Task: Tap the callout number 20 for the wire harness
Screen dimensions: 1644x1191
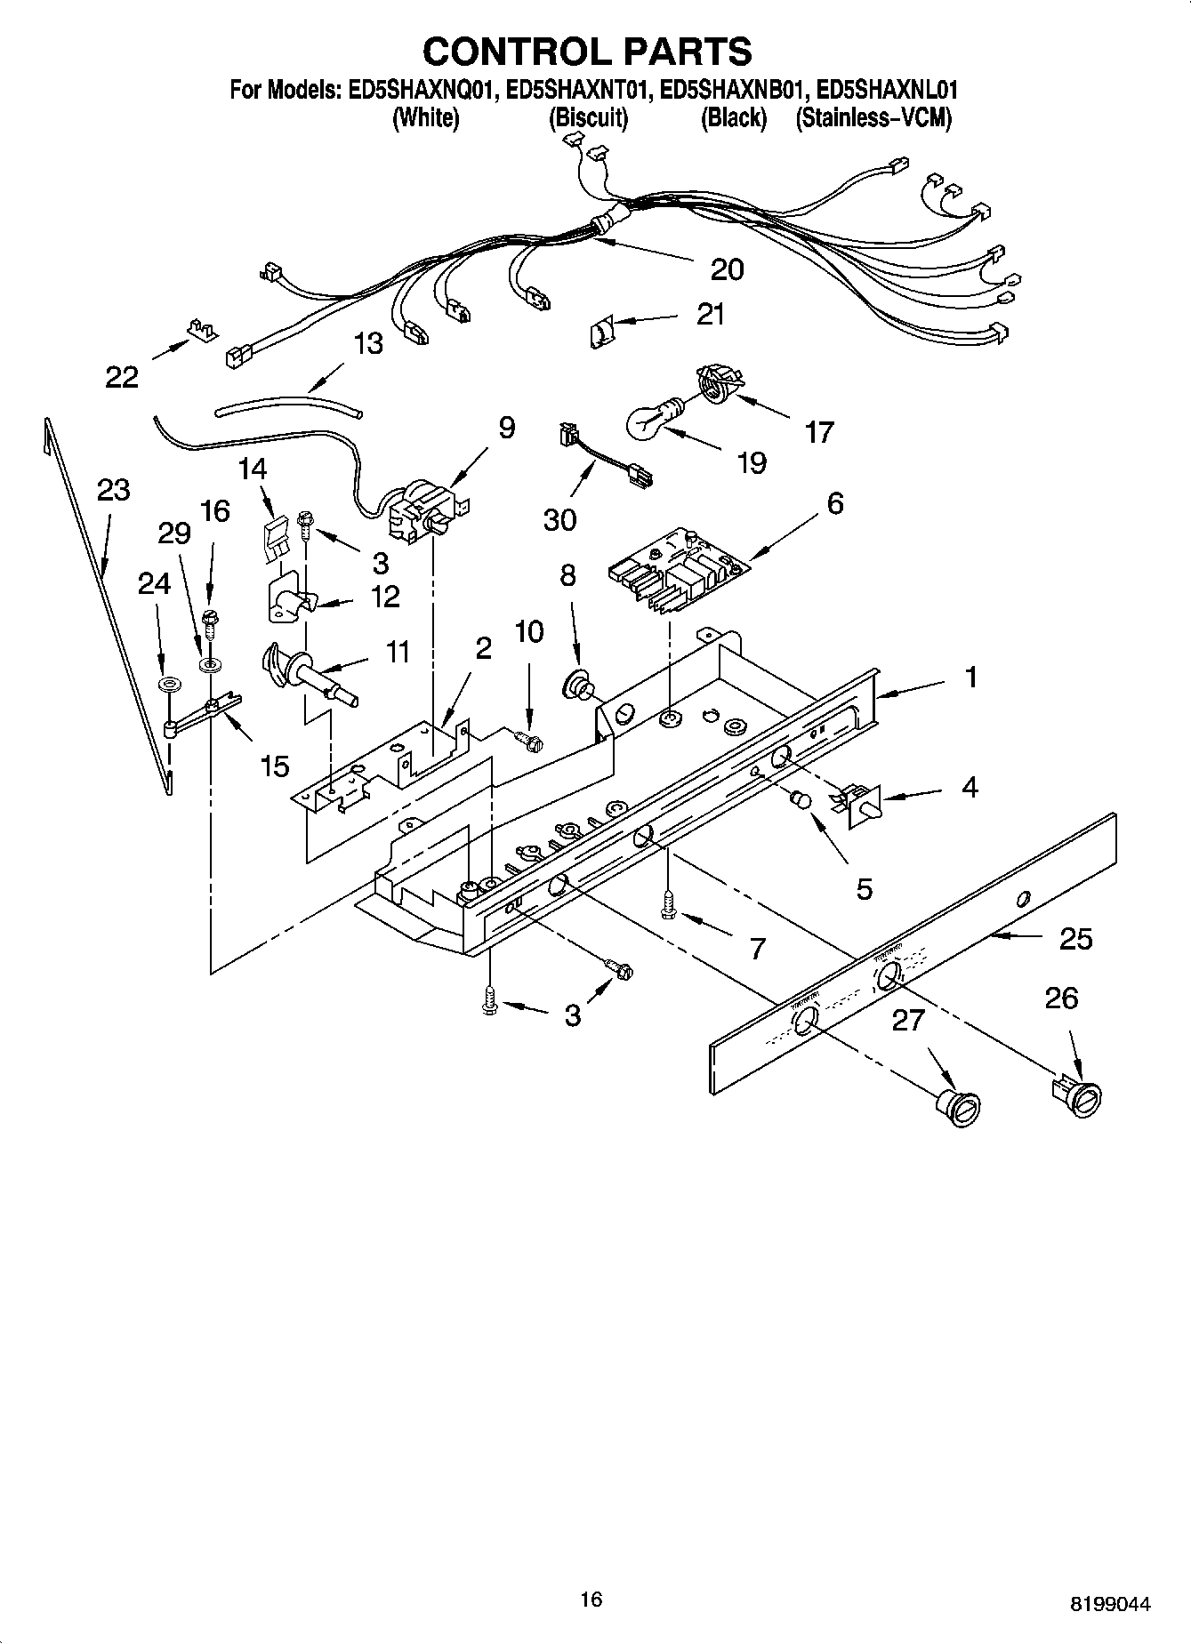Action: click(x=727, y=269)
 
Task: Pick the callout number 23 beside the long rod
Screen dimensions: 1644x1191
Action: click(x=114, y=490)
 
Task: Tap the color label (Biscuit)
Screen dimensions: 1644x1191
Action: click(x=588, y=117)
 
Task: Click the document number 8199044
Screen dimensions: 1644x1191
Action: click(x=1109, y=1605)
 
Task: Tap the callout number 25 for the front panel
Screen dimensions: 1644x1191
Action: click(x=1074, y=939)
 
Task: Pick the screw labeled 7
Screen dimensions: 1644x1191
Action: click(x=667, y=905)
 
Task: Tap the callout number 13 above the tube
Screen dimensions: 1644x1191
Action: click(x=368, y=343)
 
